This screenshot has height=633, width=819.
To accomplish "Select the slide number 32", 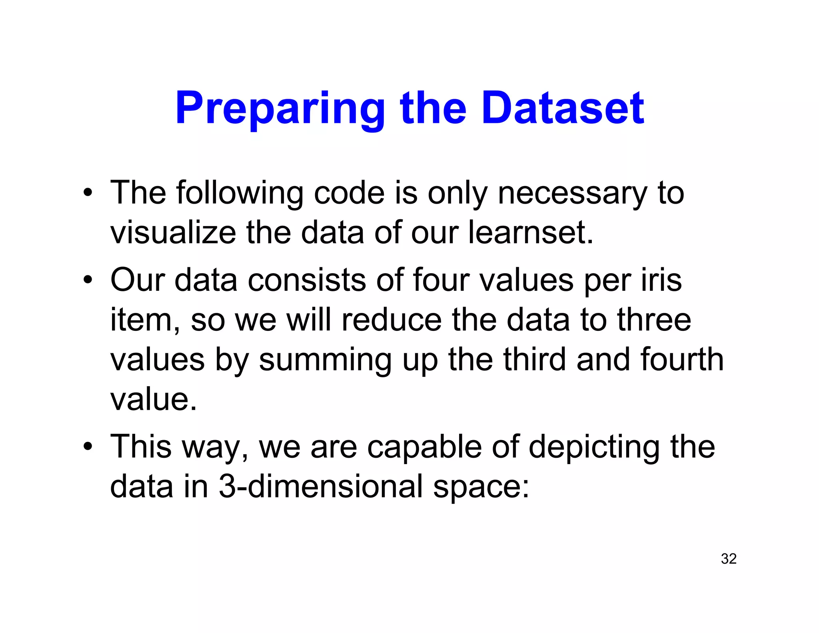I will click(x=729, y=559).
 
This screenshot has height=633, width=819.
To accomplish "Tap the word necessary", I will click(x=572, y=194).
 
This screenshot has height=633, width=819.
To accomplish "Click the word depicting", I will click(x=594, y=447).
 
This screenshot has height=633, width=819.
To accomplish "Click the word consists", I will click(x=307, y=280).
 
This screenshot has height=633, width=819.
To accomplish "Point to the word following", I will click(x=240, y=194).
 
